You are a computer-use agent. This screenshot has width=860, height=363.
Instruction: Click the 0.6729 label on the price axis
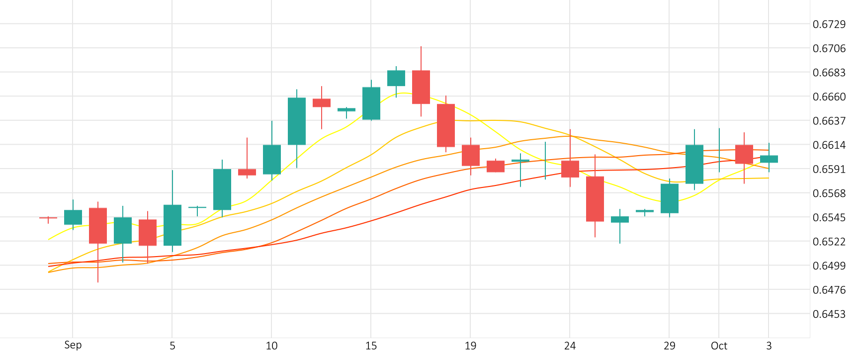(x=829, y=24)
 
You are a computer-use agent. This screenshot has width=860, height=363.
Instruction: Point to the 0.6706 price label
(x=829, y=48)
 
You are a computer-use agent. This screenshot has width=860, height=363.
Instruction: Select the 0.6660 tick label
(x=829, y=96)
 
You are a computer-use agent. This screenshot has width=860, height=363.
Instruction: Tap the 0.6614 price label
(x=829, y=145)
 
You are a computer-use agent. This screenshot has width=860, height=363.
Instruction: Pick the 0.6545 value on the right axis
(x=829, y=217)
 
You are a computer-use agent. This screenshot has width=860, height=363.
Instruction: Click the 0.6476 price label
(x=829, y=290)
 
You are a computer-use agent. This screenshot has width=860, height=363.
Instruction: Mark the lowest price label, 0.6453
(x=829, y=314)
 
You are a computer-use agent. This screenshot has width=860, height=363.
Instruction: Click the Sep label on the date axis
(x=73, y=345)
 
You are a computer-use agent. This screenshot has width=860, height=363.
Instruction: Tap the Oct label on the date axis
(x=719, y=346)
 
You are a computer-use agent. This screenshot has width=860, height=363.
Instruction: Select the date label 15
(x=371, y=346)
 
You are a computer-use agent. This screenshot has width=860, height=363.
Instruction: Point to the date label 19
(x=470, y=346)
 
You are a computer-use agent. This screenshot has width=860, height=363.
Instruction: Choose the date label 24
(x=570, y=346)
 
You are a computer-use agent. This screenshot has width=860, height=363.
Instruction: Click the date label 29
(x=669, y=346)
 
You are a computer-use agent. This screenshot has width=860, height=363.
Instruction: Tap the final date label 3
(x=769, y=346)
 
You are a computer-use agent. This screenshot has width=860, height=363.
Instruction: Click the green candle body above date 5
(x=172, y=225)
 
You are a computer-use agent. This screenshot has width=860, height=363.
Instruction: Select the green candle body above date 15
(x=371, y=103)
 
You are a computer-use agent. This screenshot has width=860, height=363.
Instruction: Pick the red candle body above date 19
(x=471, y=155)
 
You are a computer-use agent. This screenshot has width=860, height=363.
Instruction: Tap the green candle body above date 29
(x=670, y=198)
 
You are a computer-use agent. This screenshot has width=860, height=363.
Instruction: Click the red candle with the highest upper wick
(x=421, y=87)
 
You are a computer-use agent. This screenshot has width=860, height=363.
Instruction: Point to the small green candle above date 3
(x=769, y=159)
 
